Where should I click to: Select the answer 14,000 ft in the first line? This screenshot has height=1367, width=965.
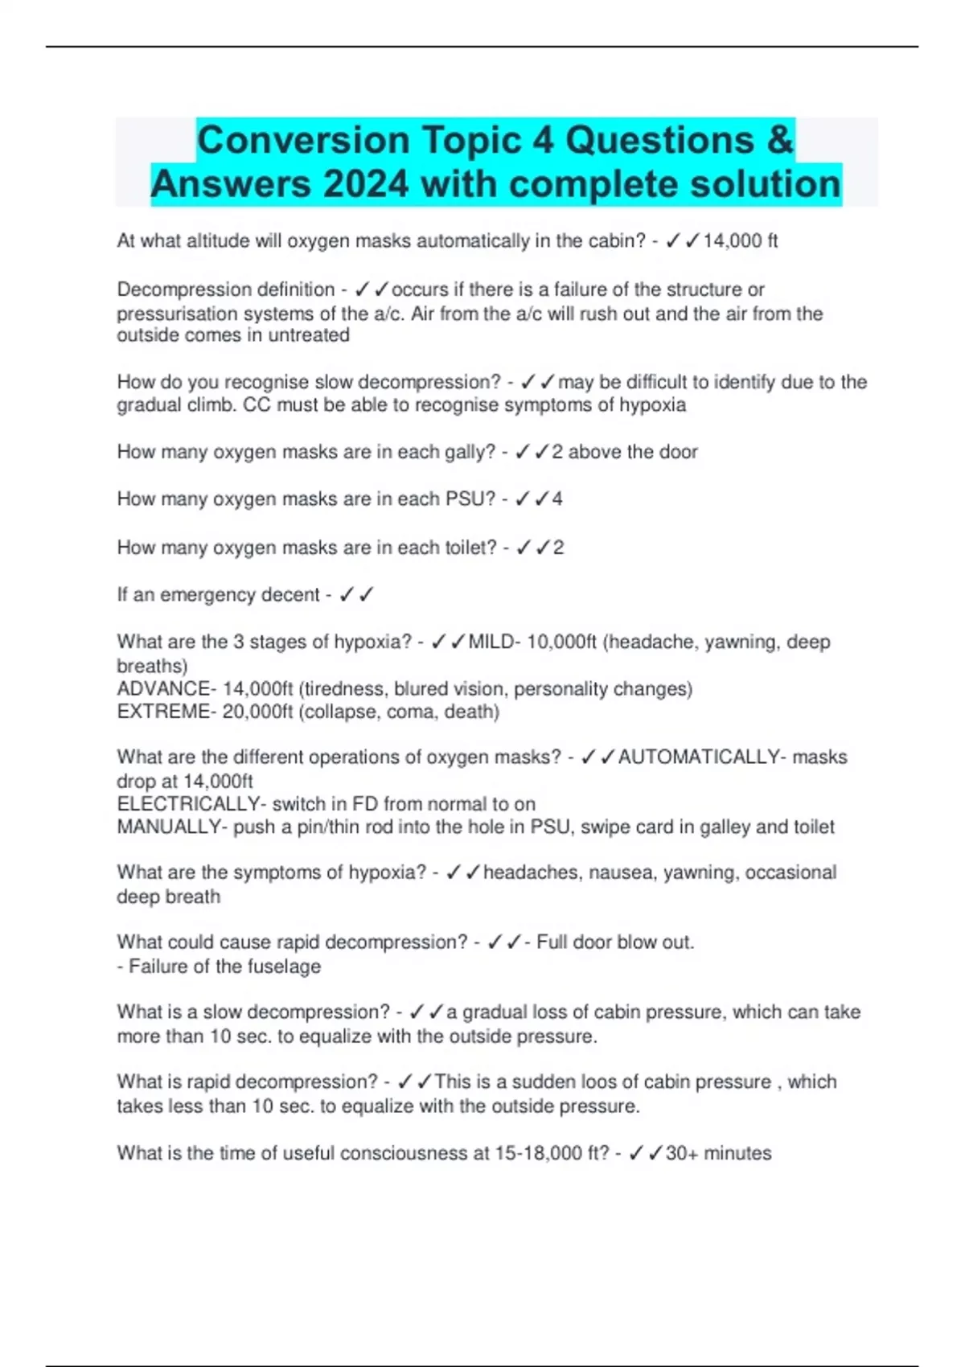pyautogui.click(x=740, y=241)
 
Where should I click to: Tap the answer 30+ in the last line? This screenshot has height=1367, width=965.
pyautogui.click(x=682, y=1153)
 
